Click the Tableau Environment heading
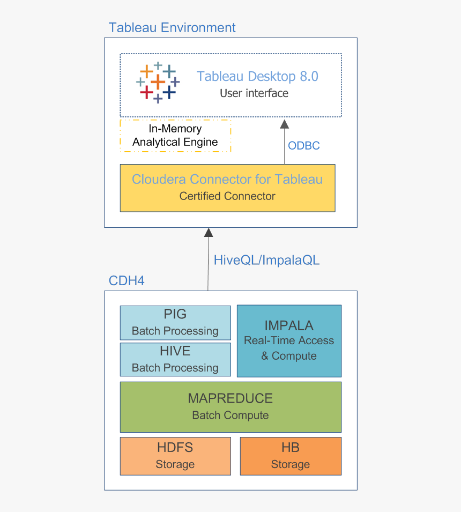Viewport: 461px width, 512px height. pyautogui.click(x=172, y=27)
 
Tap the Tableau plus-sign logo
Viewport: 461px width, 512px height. pyautogui.click(x=157, y=83)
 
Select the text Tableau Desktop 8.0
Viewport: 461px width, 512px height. pyautogui.click(x=257, y=76)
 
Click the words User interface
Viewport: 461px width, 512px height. pyautogui.click(x=254, y=93)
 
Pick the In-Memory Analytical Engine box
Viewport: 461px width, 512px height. pyautogui.click(x=175, y=136)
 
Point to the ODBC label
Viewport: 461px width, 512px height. pyautogui.click(x=303, y=146)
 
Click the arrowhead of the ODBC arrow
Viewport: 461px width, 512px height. pyautogui.click(x=284, y=124)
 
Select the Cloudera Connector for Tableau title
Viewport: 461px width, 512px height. pyautogui.click(x=227, y=179)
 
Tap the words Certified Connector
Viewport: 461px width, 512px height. pyautogui.click(x=227, y=196)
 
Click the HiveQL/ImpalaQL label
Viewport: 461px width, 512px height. pyautogui.click(x=266, y=261)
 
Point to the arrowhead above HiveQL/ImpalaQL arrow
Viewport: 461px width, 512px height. pyautogui.click(x=208, y=233)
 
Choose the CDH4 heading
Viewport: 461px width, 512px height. pyautogui.click(x=127, y=280)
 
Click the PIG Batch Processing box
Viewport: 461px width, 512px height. pyautogui.click(x=175, y=323)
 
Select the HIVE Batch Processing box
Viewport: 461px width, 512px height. pyautogui.click(x=175, y=359)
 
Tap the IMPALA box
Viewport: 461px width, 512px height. pyautogui.click(x=289, y=340)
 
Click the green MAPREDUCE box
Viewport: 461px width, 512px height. pyautogui.click(x=230, y=406)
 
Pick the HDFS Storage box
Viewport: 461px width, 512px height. pyautogui.click(x=175, y=456)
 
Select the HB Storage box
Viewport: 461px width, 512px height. pyautogui.click(x=291, y=456)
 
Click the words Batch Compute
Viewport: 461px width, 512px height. pyautogui.click(x=230, y=415)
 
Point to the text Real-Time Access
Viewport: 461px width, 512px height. pyautogui.click(x=289, y=340)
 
